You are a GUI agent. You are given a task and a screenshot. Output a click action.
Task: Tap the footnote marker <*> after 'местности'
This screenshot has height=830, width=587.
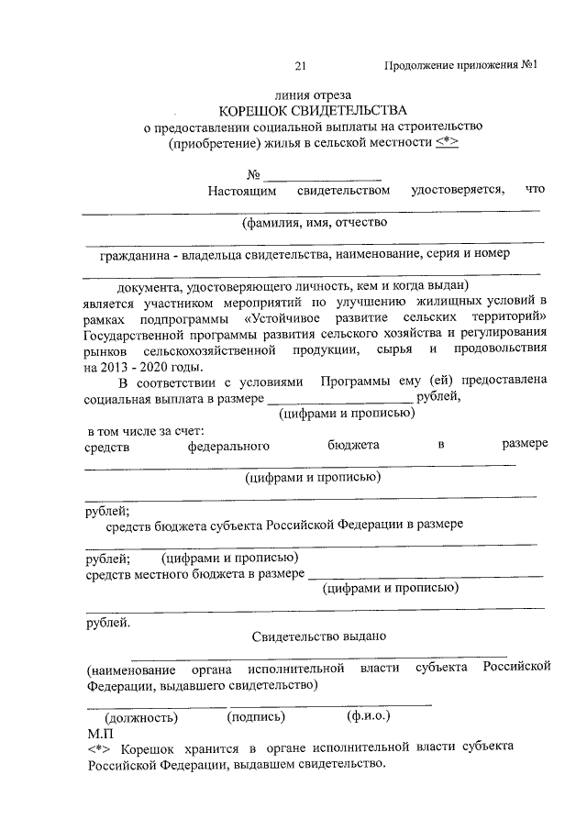(x=446, y=143)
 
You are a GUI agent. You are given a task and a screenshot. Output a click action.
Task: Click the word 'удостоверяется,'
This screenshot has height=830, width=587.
(x=458, y=190)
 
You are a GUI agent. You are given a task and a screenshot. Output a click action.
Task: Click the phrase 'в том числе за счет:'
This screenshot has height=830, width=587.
(x=145, y=429)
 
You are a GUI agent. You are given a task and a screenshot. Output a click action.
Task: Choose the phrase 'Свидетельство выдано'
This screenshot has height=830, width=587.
(x=318, y=635)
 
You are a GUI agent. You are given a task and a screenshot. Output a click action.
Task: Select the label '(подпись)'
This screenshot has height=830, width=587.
(x=256, y=716)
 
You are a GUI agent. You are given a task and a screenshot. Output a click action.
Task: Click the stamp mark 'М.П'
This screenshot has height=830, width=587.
(x=100, y=733)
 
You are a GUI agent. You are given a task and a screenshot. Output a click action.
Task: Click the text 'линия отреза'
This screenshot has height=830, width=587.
(x=313, y=94)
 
